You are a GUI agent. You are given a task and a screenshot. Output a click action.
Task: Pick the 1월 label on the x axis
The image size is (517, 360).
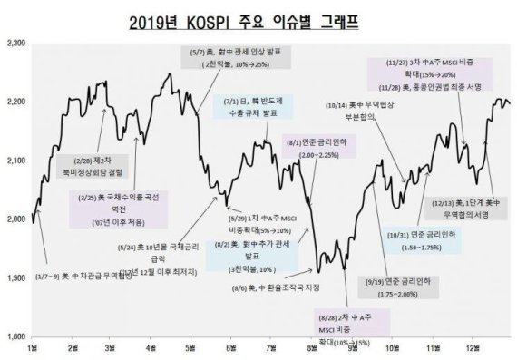point(34,348)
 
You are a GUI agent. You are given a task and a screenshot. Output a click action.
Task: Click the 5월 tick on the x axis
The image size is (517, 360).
point(191,348)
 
